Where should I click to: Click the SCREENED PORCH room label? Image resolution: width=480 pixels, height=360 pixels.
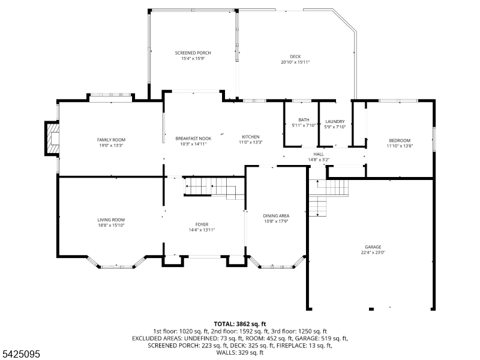193,53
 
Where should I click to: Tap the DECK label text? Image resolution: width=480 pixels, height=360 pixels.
295,56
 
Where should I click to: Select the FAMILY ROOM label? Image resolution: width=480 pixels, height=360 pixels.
111,140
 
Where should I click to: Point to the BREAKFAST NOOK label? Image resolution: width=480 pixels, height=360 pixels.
193,139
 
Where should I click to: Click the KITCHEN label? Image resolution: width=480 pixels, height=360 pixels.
251,137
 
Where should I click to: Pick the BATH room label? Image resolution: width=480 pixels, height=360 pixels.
304,119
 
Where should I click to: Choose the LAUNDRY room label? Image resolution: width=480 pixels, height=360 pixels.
335,122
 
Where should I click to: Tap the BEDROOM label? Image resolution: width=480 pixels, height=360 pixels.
400,140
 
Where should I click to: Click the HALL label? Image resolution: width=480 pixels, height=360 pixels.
319,154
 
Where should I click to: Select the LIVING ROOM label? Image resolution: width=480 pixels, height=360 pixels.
111,220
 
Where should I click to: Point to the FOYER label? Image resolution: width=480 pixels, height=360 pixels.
202,224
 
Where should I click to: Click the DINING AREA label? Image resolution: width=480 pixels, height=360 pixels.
276,216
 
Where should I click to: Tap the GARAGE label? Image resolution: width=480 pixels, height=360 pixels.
373,247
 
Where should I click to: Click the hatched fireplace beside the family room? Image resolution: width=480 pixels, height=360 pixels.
52,139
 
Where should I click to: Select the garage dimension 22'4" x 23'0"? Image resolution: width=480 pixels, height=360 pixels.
373,253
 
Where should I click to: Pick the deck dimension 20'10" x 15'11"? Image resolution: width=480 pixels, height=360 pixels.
295,62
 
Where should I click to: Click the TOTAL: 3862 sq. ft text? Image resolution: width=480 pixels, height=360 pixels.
240,324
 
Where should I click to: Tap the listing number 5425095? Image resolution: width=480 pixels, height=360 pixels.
20,354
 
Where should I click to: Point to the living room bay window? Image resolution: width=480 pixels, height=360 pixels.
116,263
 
